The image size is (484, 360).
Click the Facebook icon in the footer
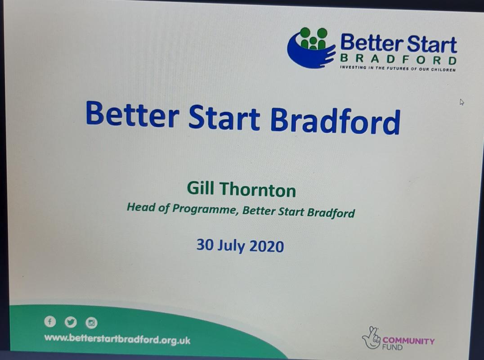[x=50, y=321]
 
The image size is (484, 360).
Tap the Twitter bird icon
[x=71, y=322]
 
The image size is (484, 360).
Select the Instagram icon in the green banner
[x=91, y=323]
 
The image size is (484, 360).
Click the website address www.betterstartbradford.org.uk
[x=117, y=339]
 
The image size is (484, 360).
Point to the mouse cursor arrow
[x=462, y=102]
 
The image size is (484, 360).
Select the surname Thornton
[x=258, y=189]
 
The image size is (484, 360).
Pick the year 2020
[x=267, y=247]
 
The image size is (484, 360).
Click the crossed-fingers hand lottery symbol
[x=372, y=338]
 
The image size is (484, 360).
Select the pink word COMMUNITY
[x=408, y=341]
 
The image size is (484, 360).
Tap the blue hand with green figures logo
[x=311, y=47]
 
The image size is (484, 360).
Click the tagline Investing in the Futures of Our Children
[x=398, y=68]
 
